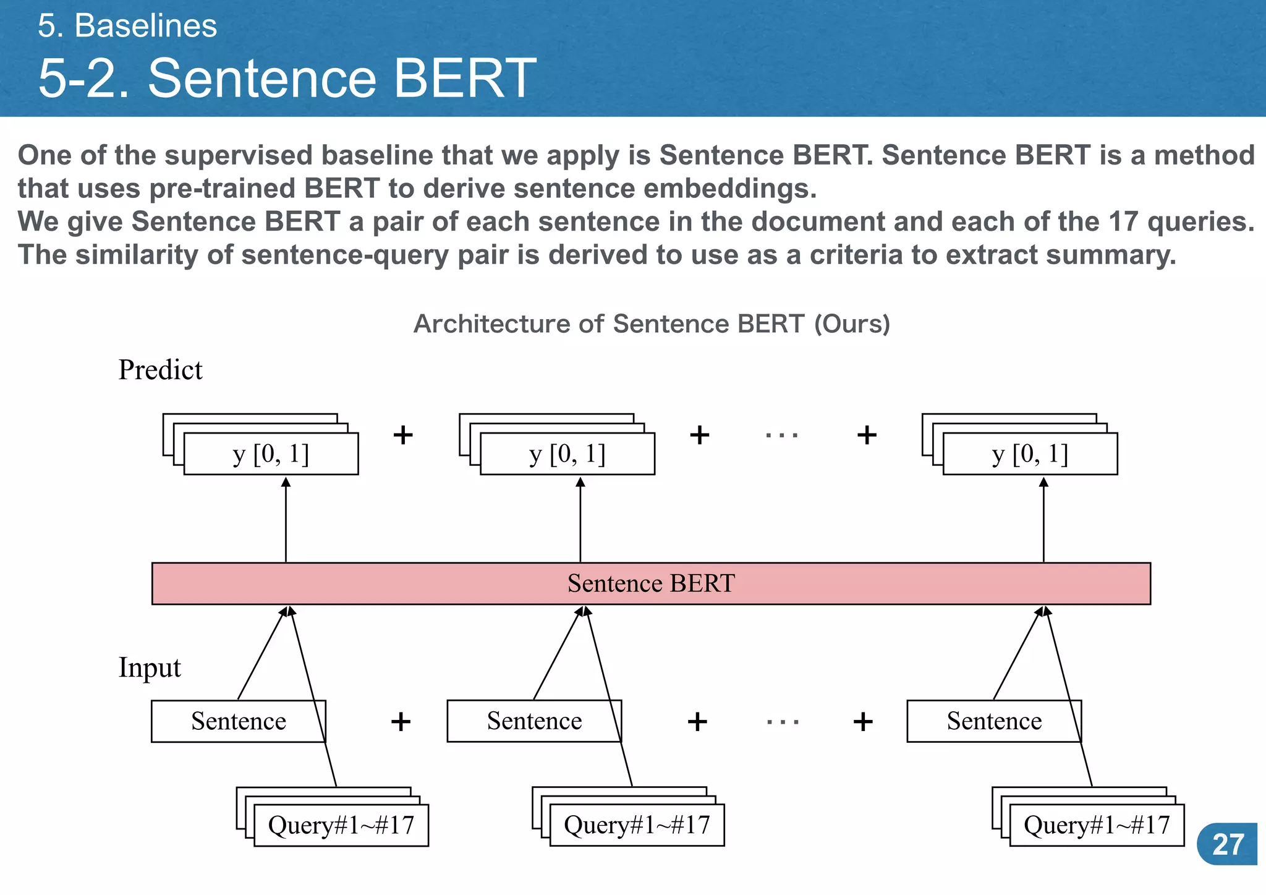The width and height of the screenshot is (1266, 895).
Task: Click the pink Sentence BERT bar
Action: (651, 583)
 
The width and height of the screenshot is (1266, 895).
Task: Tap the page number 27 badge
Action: (1228, 844)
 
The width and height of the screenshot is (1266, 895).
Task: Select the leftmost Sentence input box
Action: (238, 721)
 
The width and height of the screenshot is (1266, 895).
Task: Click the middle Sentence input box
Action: (534, 721)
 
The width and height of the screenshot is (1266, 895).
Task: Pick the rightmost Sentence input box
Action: (994, 721)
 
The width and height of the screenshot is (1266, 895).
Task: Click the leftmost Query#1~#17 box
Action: (341, 825)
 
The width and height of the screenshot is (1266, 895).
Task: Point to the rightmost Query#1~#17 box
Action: (1097, 825)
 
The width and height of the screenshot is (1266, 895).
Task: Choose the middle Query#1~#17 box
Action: (637, 825)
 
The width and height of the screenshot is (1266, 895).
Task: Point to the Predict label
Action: (160, 370)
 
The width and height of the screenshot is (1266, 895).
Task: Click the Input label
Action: (150, 668)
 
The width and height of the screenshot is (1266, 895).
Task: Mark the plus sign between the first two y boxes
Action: (403, 435)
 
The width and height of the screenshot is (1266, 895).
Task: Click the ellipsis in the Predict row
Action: (782, 435)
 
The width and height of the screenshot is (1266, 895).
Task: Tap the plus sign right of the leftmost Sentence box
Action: (401, 721)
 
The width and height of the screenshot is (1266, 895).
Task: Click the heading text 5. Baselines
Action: (127, 26)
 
